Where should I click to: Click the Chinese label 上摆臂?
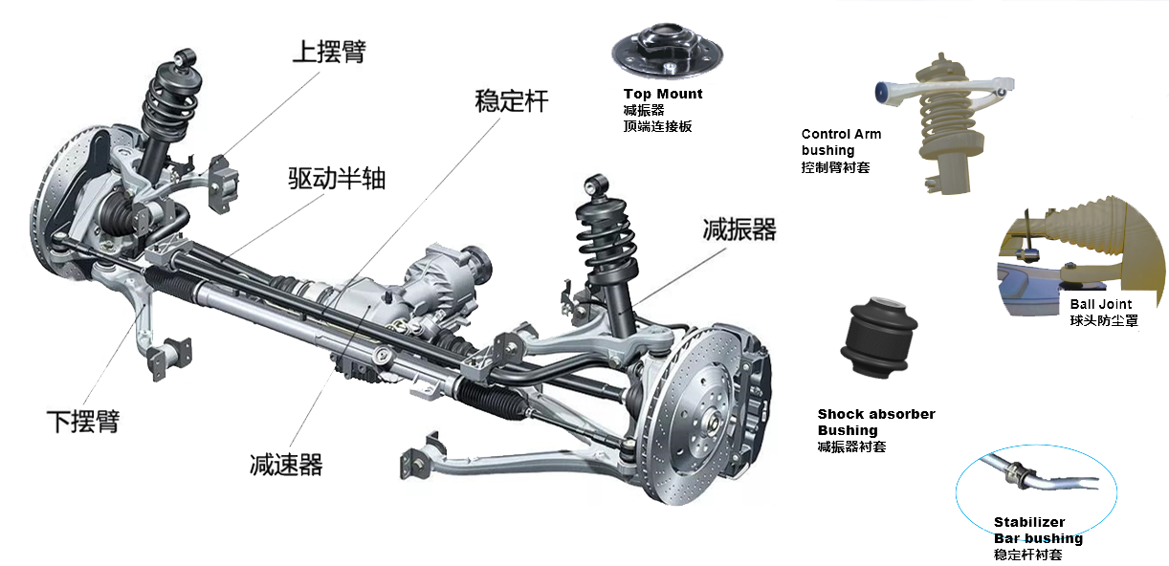click(x=329, y=52)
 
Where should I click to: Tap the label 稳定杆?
click(x=512, y=100)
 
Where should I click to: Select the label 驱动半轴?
click(x=337, y=179)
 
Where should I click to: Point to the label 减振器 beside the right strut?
click(x=739, y=229)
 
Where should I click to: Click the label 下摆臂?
click(x=83, y=422)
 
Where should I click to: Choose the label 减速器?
click(x=286, y=465)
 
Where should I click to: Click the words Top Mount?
click(x=663, y=94)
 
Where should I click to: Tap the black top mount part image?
click(x=668, y=51)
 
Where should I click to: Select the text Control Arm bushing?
click(x=841, y=141)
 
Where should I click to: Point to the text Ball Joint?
click(x=1101, y=304)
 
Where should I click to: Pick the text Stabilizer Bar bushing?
click(x=1038, y=530)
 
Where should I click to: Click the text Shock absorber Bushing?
click(x=876, y=422)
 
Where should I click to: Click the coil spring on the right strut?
click(x=606, y=240)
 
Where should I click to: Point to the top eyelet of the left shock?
click(x=185, y=56)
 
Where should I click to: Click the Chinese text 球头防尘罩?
click(x=1104, y=320)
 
